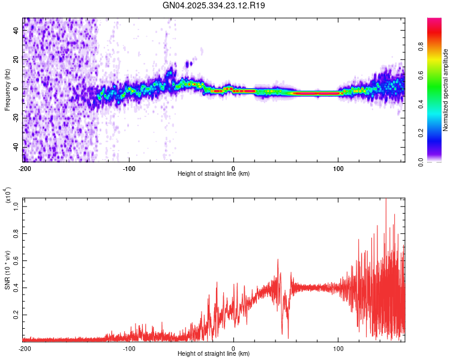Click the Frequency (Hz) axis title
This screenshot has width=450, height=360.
pyautogui.click(x=7, y=89)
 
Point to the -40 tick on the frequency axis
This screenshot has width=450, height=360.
pyautogui.click(x=16, y=147)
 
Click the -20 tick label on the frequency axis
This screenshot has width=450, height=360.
pyautogui.click(x=16, y=118)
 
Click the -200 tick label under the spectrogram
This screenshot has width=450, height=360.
pyautogui.click(x=25, y=168)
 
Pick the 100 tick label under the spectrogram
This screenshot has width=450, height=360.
pyautogui.click(x=338, y=168)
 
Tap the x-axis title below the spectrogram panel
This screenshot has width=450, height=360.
pyautogui.click(x=214, y=174)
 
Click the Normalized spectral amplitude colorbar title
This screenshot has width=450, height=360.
pyautogui.click(x=446, y=90)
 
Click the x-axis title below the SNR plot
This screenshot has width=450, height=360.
pyautogui.click(x=214, y=354)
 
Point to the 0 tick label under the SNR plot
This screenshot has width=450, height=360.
pyautogui.click(x=233, y=348)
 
